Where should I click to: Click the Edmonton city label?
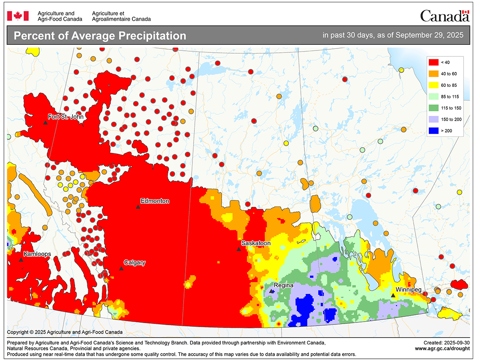coord(155,201)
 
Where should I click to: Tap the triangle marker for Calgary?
coord(121,268)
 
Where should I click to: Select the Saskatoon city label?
coord(256,243)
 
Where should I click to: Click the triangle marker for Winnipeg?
coord(393,295)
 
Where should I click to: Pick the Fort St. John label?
coord(65,117)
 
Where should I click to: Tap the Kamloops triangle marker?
coord(21,260)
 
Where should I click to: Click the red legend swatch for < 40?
coord(434,62)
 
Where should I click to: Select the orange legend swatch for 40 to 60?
coord(434,74)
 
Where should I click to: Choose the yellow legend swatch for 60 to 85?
coord(434,85)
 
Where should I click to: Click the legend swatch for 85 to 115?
coord(434,96)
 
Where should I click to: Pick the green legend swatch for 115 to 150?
coord(434,108)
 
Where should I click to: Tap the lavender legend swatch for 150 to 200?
coord(434,119)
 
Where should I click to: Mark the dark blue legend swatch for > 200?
coord(434,130)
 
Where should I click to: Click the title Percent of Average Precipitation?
coord(100,36)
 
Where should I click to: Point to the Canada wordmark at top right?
coord(444,16)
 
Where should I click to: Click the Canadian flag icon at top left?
coord(18,16)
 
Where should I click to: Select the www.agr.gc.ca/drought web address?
coord(442,348)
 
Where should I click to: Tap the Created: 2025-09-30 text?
coord(446,343)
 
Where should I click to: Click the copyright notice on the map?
coord(65,332)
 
